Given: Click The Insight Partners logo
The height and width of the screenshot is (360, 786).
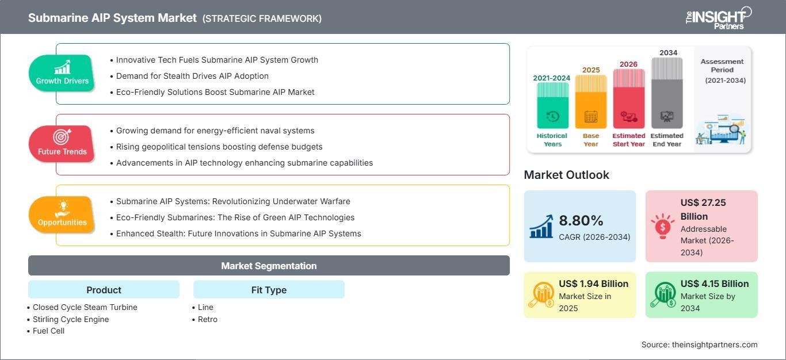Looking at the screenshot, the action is click(718, 18).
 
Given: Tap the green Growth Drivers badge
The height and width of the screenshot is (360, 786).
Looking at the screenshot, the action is click(62, 73).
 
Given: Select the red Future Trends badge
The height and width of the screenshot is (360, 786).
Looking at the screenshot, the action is click(62, 144).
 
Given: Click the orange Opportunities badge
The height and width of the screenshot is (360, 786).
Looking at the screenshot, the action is click(62, 215).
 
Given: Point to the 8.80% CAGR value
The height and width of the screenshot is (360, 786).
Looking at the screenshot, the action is click(581, 220).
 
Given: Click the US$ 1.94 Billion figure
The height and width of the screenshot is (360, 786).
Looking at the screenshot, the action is click(593, 284).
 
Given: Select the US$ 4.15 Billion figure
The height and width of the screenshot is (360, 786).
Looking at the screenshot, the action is click(715, 284).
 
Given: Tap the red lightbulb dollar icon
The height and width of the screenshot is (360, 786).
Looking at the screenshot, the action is click(662, 226).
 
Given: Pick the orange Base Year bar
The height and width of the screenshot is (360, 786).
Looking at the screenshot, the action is click(591, 102).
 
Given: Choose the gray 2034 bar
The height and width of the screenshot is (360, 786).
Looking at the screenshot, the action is click(667, 93).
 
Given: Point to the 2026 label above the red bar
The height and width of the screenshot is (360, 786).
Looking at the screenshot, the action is click(628, 64).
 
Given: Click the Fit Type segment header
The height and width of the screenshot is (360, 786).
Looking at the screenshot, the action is click(269, 290).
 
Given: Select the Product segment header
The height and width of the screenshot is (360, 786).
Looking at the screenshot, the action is click(104, 290).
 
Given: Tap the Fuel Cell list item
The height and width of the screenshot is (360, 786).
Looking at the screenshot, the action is click(48, 331).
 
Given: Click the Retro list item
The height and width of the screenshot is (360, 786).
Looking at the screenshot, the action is click(207, 319).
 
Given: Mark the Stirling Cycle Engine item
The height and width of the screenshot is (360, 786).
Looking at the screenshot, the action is click(71, 319).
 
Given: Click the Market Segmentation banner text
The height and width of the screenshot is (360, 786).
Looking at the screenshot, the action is click(269, 266).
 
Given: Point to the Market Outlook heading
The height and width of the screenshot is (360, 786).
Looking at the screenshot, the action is click(566, 175).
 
